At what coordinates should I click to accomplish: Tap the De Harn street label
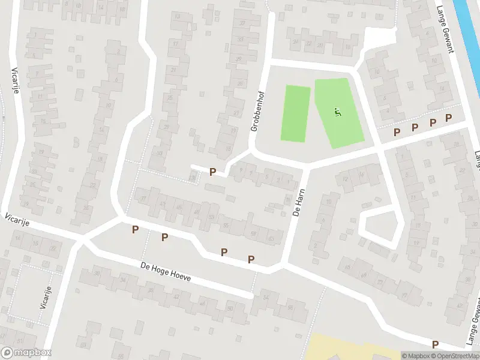point(298,203)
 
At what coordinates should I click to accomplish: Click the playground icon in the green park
point(337,111)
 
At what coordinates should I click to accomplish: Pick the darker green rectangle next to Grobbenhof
point(296,114)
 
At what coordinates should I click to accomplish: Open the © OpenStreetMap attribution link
point(454,356)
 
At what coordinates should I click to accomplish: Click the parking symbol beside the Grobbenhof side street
point(212,172)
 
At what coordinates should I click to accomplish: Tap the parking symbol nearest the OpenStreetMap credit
point(435,344)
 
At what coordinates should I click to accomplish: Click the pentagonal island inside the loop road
point(379,224)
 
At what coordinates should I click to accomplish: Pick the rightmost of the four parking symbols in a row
point(448,119)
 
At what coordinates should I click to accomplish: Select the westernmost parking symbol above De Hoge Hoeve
point(136,229)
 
